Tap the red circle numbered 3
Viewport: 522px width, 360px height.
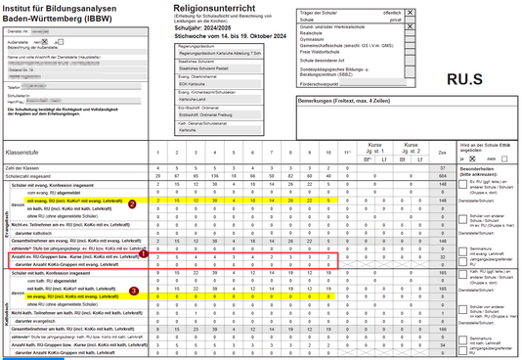point(134,291)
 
